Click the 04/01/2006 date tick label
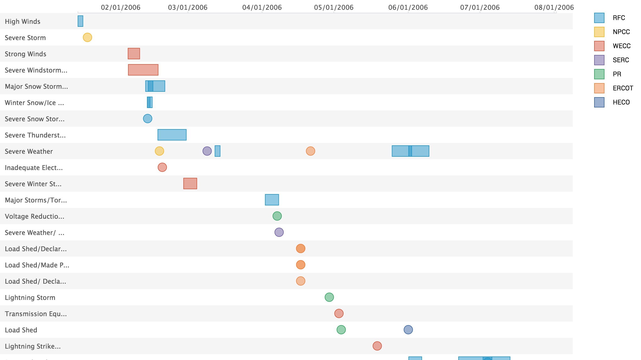coord(262,7)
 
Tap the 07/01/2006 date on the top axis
coord(480,7)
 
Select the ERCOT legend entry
coord(623,88)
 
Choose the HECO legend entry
coord(621,102)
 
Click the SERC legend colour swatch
coord(599,60)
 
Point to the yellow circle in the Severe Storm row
coord(87,37)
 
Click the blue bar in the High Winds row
coord(80,21)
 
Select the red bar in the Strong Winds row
coord(134,54)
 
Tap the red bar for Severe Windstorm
coord(143,70)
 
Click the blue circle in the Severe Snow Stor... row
coord(148,119)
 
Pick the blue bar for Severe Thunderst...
coord(172,135)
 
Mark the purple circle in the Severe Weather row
coord(207,151)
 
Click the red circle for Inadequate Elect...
coord(162,167)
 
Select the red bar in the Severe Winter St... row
coord(190,184)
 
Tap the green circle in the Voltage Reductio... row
coord(277,216)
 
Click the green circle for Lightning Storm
coord(329,297)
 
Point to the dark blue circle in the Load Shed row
coord(408,330)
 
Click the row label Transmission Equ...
coord(36,314)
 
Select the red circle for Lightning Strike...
coord(377,346)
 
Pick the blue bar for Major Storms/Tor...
coord(272,200)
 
